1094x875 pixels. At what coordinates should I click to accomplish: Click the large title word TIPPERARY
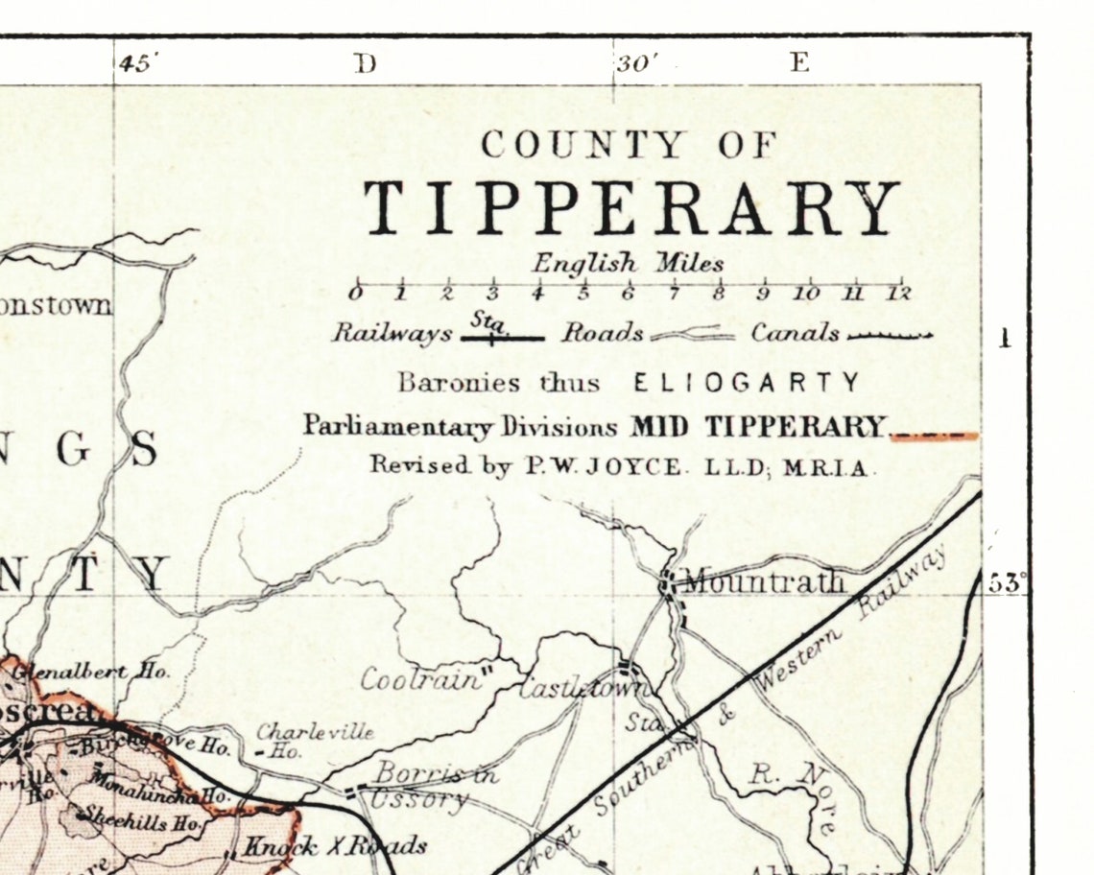630,208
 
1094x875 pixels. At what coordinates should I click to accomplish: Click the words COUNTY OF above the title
629,146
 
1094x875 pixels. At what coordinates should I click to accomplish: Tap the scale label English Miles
629,262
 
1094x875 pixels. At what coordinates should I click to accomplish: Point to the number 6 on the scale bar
628,294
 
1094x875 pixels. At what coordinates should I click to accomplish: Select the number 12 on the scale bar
898,294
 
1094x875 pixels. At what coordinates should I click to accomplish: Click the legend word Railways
392,334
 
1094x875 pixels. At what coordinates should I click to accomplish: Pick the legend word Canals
795,334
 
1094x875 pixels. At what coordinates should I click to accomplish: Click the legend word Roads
602,334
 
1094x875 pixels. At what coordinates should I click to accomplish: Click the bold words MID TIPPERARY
756,427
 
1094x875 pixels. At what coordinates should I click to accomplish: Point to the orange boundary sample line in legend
934,436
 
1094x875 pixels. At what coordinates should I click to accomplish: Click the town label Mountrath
764,581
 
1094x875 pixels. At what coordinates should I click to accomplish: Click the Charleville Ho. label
313,739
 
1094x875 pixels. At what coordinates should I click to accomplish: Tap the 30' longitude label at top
636,64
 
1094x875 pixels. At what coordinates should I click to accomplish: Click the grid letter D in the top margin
364,63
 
